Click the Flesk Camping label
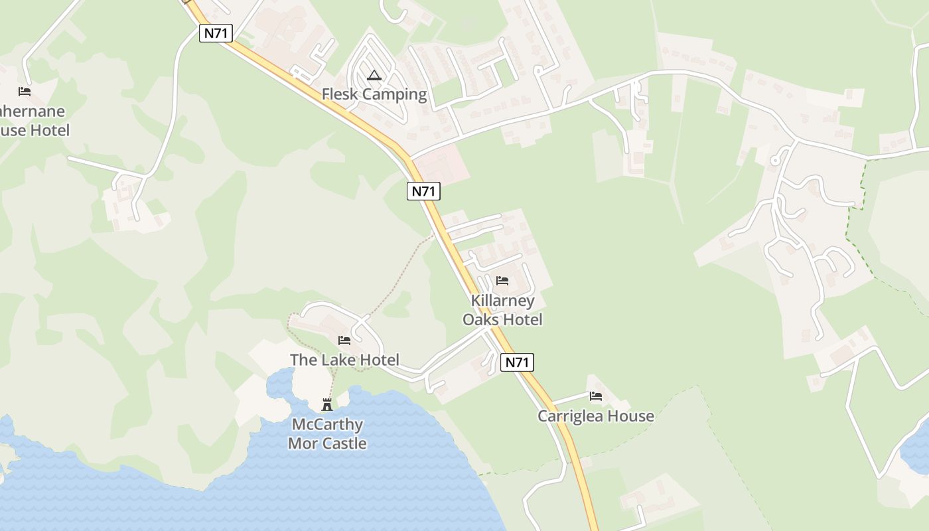click(x=374, y=94)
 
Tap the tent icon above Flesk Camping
click(x=374, y=76)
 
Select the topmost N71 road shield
click(x=216, y=33)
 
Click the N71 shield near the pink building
click(x=423, y=191)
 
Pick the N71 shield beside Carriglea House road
click(x=517, y=362)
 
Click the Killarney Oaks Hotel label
click(x=502, y=310)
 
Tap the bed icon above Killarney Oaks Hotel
click(x=502, y=281)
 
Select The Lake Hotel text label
click(x=344, y=360)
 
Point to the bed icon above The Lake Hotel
click(x=344, y=341)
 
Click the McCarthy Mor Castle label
click(x=327, y=433)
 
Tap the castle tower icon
click(x=327, y=404)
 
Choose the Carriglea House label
click(x=595, y=416)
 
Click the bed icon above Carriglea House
click(x=596, y=396)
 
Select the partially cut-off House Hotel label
click(x=33, y=121)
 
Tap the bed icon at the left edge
click(x=25, y=92)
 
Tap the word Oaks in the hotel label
click(x=480, y=319)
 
